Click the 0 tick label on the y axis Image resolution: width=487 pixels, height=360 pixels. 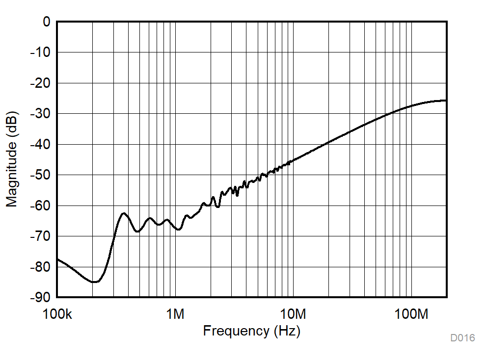point(46,22)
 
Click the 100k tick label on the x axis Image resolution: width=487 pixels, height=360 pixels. point(57,314)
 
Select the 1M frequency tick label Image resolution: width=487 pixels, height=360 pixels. point(175,314)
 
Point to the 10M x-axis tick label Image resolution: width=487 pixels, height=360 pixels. point(293,314)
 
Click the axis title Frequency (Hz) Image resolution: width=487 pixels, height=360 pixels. point(251,331)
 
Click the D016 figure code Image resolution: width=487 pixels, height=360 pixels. point(462,338)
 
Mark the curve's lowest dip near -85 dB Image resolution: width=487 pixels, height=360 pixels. point(95,282)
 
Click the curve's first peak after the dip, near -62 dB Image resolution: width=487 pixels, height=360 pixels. point(124,213)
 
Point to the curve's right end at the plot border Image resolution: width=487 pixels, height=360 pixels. point(446,101)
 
